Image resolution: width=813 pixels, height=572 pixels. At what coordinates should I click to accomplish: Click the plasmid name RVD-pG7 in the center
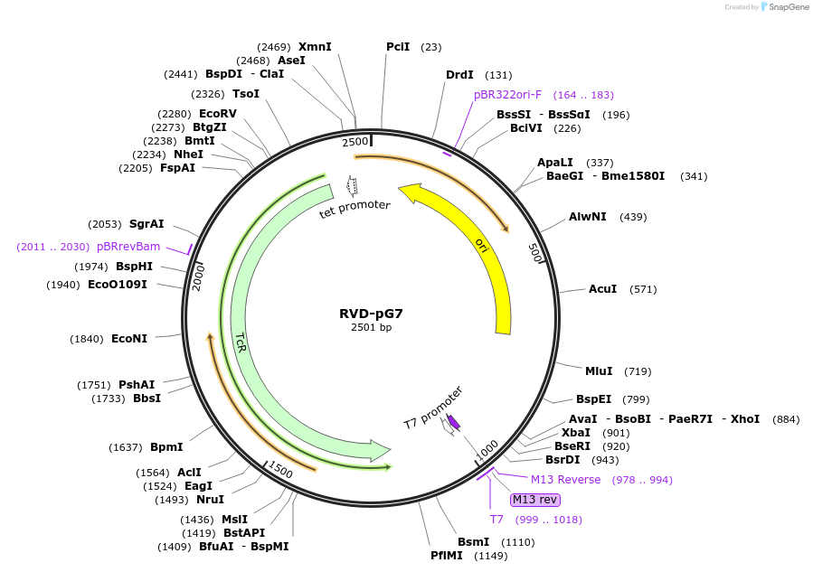tap(371, 314)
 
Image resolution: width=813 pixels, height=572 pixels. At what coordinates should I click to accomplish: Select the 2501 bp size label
tap(371, 328)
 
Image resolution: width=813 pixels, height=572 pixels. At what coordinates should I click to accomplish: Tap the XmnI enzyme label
tap(315, 47)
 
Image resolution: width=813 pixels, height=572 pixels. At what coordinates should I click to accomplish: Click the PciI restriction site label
tap(398, 47)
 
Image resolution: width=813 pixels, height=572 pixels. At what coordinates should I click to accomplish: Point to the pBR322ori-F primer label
tap(507, 95)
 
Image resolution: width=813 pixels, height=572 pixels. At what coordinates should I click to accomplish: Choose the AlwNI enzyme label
tap(589, 217)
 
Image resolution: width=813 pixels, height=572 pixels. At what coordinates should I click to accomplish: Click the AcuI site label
tap(602, 289)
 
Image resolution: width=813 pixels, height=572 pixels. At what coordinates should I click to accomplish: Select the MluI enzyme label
tap(599, 371)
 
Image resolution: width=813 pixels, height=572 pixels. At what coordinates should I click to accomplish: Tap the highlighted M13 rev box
tap(535, 500)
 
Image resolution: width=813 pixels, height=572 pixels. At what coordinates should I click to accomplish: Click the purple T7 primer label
tap(496, 520)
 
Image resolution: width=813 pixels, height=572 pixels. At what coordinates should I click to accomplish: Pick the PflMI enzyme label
tap(447, 556)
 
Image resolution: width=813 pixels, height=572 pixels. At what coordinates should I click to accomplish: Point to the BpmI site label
tap(166, 447)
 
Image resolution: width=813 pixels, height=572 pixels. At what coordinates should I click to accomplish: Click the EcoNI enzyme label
tap(129, 339)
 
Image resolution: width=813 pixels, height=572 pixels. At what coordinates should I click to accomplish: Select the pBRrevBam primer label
tap(128, 247)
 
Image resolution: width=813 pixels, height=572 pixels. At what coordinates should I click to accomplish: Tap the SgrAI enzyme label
tap(147, 224)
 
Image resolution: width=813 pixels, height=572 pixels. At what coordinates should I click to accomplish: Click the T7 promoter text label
tap(433, 407)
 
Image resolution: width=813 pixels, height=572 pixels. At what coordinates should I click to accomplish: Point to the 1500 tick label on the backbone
tap(280, 470)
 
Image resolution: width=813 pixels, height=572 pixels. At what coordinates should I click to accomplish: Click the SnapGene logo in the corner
tap(784, 7)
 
